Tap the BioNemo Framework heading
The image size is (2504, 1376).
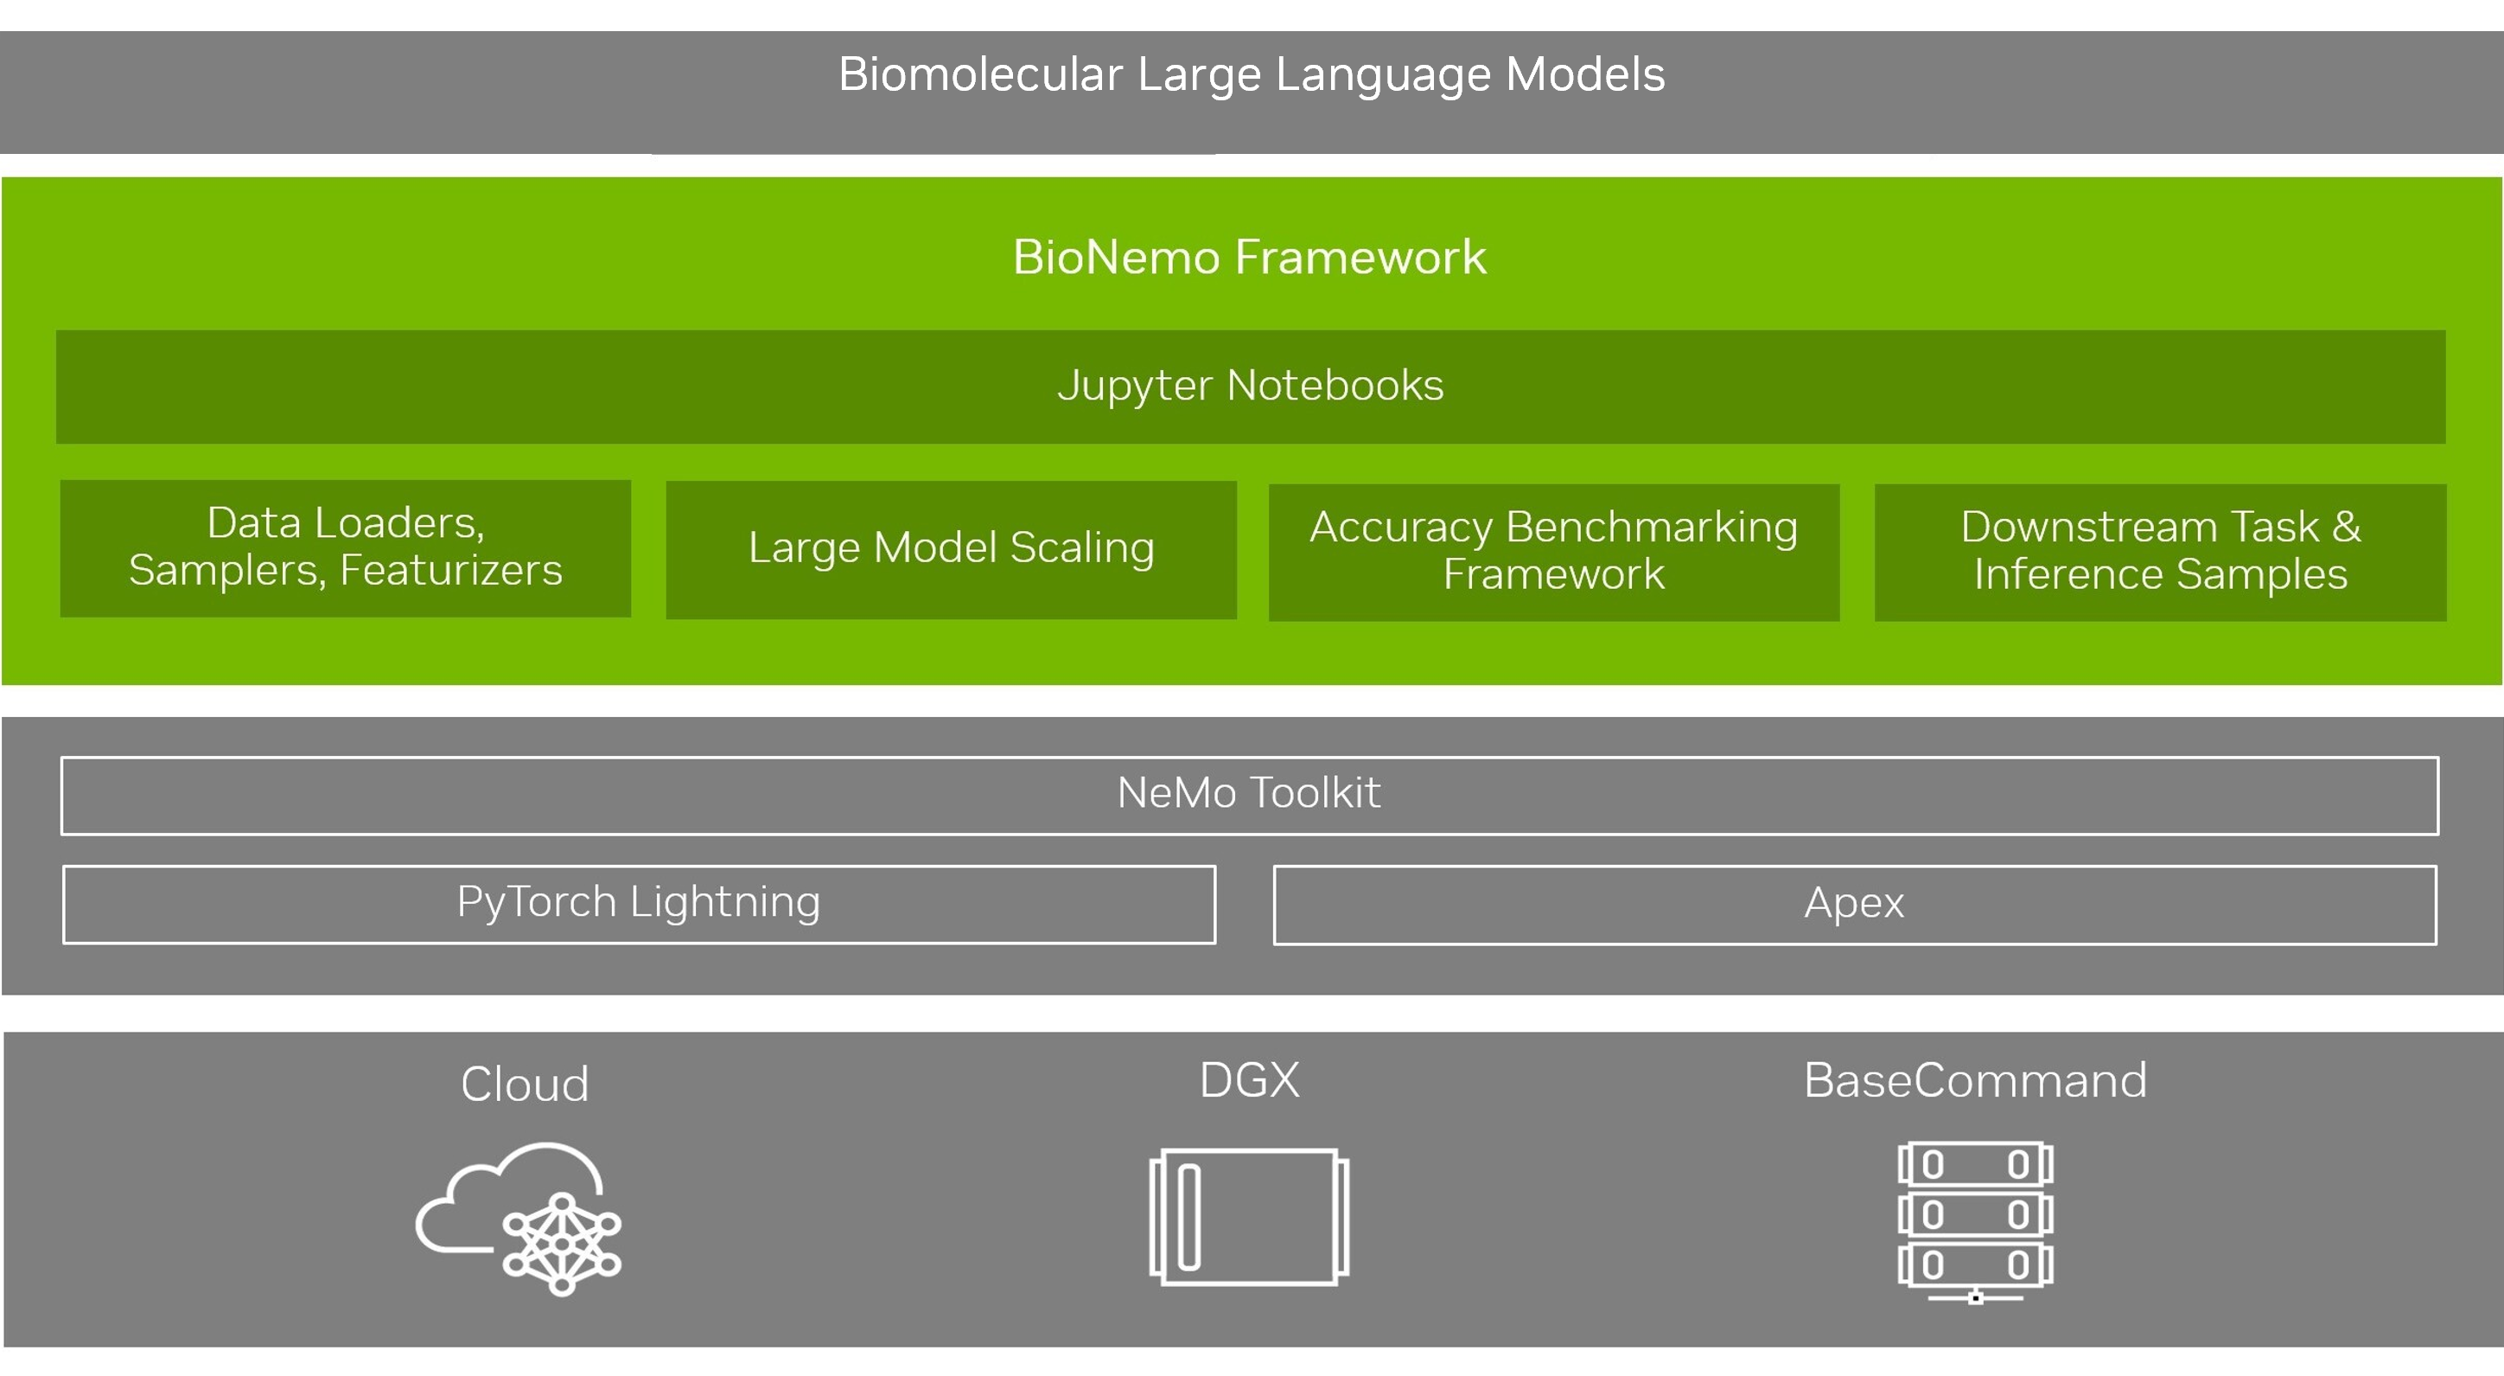click(1250, 258)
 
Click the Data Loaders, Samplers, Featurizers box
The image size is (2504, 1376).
click(345, 548)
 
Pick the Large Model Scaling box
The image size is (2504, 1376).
click(951, 550)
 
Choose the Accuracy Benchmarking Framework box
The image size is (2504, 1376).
click(1553, 553)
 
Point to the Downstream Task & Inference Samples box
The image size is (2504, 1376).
click(2160, 553)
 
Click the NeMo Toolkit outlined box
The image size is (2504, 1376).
click(1249, 796)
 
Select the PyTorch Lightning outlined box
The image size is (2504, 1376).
click(639, 905)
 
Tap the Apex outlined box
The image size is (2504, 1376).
click(1855, 906)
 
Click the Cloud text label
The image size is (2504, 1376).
click(525, 1085)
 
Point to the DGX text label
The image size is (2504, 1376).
click(1249, 1080)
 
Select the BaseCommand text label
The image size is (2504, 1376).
click(1975, 1080)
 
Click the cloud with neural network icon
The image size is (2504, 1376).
click(519, 1219)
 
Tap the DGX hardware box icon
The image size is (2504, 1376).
click(1249, 1218)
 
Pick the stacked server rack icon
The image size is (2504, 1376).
click(1975, 1222)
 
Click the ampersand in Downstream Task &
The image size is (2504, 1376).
click(2346, 527)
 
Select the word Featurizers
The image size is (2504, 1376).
click(451, 571)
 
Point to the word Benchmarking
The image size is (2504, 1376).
click(1652, 528)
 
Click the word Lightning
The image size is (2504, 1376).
click(725, 904)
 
